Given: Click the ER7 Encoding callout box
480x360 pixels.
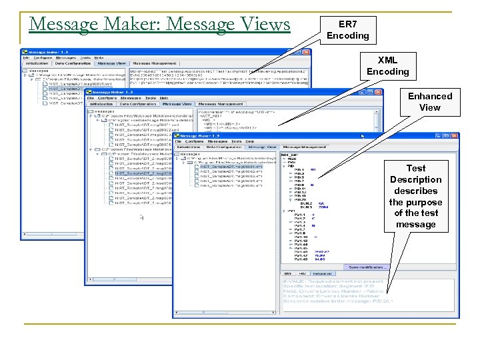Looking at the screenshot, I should click(x=348, y=29).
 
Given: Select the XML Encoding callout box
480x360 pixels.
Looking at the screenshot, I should click(x=387, y=65).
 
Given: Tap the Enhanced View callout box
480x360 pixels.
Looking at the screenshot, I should click(x=430, y=101).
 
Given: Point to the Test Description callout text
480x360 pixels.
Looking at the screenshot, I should click(x=415, y=196).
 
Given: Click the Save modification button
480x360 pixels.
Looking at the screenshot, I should click(x=368, y=267).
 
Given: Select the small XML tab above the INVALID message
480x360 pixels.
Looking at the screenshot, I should click(x=287, y=273).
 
